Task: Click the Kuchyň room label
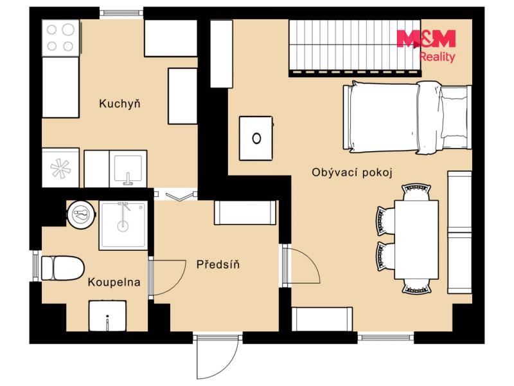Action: coord(120,104)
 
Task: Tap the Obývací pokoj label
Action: coord(351,172)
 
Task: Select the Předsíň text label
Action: coord(218,264)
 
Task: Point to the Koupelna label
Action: coord(114,282)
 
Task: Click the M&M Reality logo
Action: coord(426,46)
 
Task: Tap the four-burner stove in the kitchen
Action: coord(60,38)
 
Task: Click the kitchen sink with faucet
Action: coord(128,169)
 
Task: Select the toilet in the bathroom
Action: coord(62,268)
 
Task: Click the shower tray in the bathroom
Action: coord(123,225)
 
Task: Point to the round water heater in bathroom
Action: coord(82,214)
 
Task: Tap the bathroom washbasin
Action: coord(107,316)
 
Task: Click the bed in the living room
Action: coord(407,117)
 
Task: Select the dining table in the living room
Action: coord(416,239)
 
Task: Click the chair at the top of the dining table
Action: coord(416,192)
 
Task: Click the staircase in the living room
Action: coord(355,48)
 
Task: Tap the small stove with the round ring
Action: coord(256,138)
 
